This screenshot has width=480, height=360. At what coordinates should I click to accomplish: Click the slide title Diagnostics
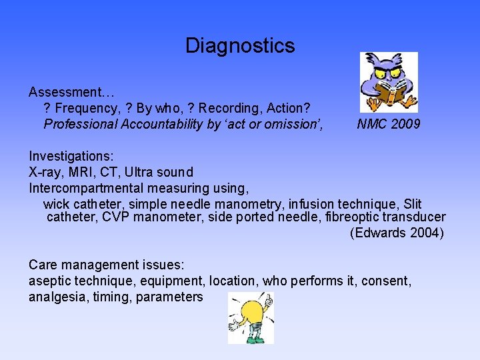click(239, 45)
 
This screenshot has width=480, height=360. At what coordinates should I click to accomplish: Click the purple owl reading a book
click(389, 81)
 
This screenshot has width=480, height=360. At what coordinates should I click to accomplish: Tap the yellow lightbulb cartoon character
click(251, 317)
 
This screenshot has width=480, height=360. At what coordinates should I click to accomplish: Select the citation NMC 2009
click(389, 124)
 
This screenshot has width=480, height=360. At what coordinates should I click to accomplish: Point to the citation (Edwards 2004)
click(397, 233)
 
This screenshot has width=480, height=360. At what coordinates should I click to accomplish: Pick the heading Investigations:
click(71, 156)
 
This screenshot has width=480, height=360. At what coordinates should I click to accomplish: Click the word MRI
click(85, 172)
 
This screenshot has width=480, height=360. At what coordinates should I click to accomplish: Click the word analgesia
click(56, 297)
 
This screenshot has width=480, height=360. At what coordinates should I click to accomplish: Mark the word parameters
click(169, 297)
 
